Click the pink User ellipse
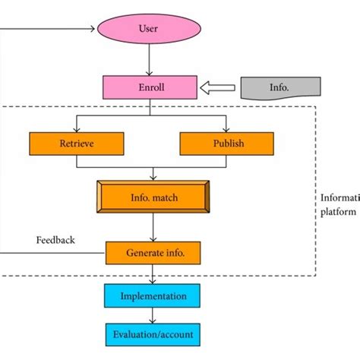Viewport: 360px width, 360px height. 149,30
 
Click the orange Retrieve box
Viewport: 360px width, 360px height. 76,143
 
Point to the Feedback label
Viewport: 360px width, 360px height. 55,240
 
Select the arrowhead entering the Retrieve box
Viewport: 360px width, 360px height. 76,128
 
